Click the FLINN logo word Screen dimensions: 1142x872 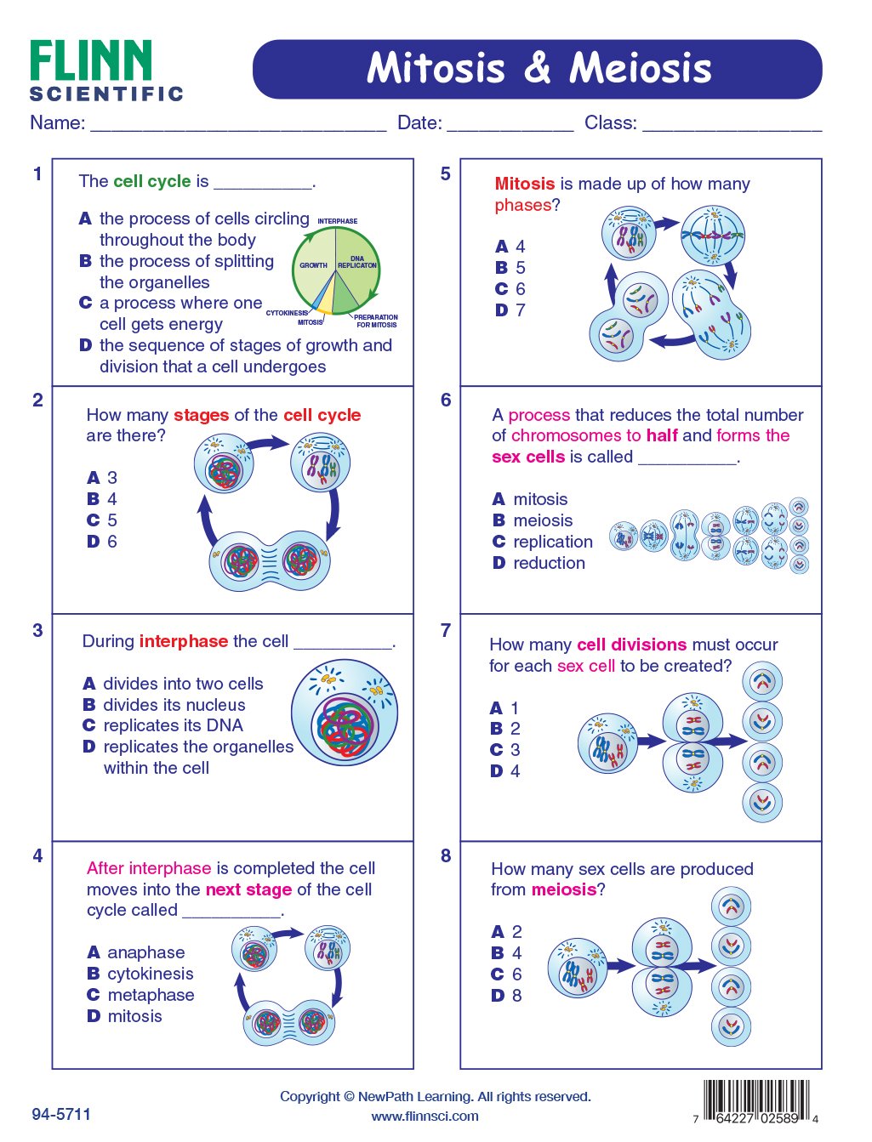click(x=91, y=61)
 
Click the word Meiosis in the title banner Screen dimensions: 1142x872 click(x=640, y=68)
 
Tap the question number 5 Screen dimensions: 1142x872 click(x=445, y=174)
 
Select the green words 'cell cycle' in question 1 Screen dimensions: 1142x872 click(x=152, y=181)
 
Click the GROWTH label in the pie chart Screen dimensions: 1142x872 click(x=313, y=265)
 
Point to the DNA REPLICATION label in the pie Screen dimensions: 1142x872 click(x=357, y=262)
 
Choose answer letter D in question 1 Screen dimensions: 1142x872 click(x=85, y=345)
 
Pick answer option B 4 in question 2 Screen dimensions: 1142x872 click(x=102, y=499)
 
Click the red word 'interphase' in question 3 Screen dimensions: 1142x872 click(x=184, y=641)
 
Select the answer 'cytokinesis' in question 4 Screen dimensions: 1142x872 click(x=150, y=974)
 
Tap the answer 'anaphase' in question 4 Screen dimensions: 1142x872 click(x=145, y=952)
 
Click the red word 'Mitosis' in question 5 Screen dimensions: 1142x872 click(x=524, y=184)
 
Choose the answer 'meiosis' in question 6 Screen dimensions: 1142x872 click(x=543, y=520)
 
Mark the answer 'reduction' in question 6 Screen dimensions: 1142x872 click(x=549, y=563)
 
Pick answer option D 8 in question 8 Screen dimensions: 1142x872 click(x=507, y=995)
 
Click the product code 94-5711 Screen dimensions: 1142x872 click(x=61, y=1114)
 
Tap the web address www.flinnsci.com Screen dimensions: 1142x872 click(x=425, y=1116)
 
